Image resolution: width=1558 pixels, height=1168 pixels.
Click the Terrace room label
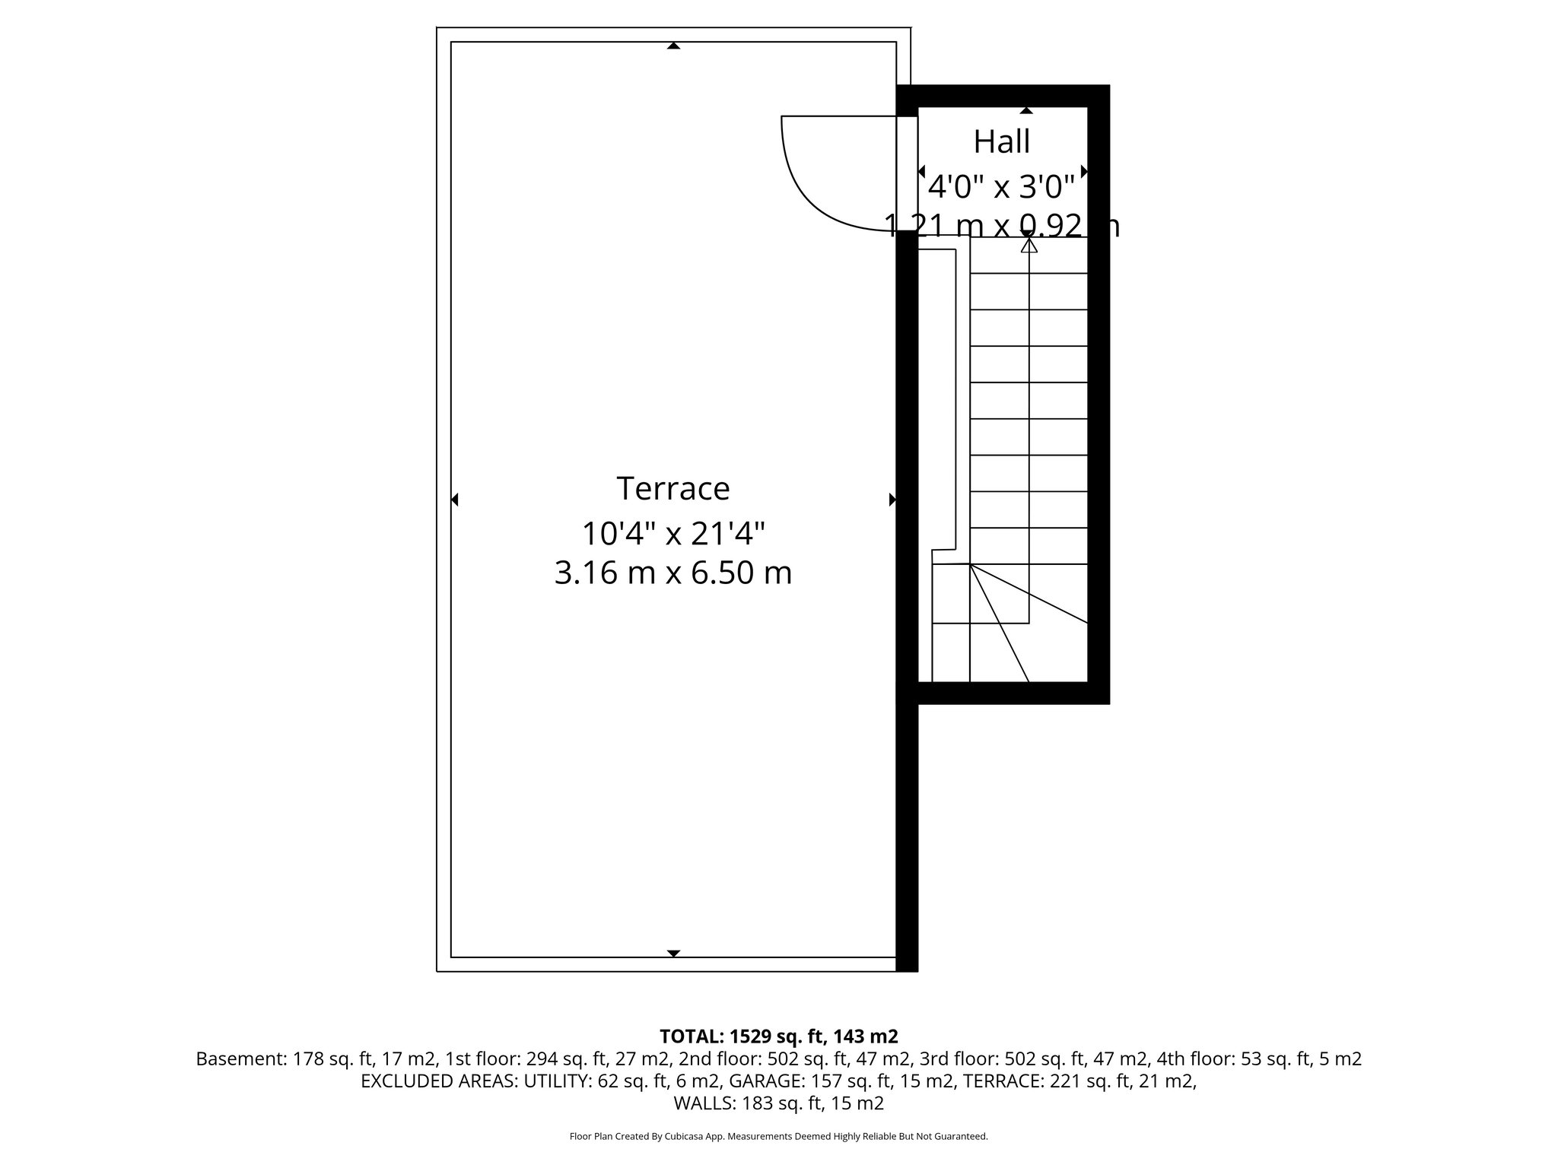tap(672, 488)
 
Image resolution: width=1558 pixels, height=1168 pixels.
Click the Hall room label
tap(1002, 141)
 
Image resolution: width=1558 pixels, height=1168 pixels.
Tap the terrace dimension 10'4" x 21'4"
tap(672, 533)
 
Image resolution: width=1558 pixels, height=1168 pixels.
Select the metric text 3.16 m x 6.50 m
tap(672, 572)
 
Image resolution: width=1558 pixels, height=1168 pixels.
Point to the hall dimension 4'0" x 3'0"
tap(1002, 186)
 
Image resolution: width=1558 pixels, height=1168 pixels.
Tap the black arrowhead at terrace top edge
tap(673, 46)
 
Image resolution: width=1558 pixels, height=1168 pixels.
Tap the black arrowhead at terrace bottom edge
tap(673, 953)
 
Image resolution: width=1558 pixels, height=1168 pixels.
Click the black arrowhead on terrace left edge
tap(454, 500)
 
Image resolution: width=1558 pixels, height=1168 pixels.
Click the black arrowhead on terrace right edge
tap(892, 500)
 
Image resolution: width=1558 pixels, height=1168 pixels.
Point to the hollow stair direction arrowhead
tap(1029, 245)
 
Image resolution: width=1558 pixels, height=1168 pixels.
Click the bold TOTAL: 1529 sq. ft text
tap(743, 1036)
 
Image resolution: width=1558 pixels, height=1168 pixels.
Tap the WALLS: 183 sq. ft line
tap(778, 1103)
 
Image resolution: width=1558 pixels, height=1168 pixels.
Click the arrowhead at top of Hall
tap(1026, 111)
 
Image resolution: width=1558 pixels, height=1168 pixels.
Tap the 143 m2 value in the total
tap(866, 1036)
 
